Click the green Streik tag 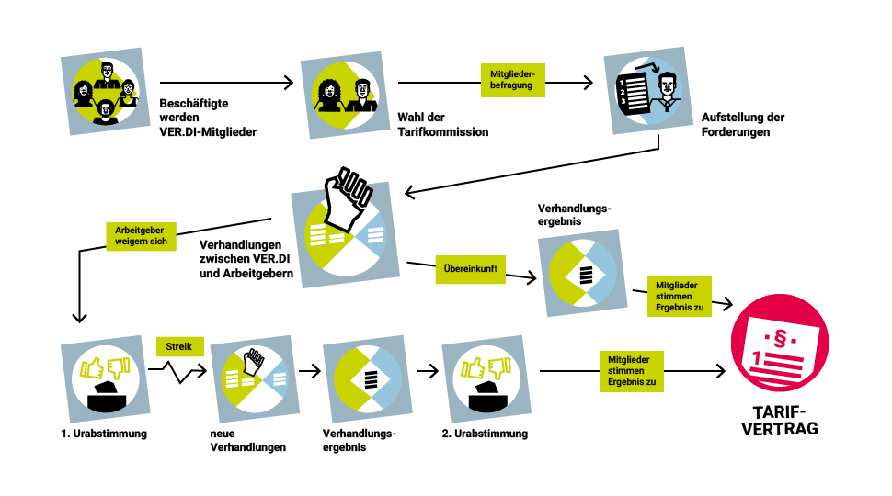pos(179,347)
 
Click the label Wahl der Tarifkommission pos(442,125)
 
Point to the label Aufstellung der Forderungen pos(743,125)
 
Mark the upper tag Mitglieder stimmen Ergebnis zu pos(680,296)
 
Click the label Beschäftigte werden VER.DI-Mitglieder pos(207,118)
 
